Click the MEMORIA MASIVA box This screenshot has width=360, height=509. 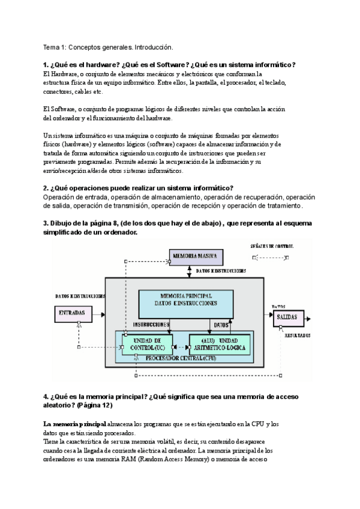click(195, 256)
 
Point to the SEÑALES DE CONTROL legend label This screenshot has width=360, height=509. click(275, 246)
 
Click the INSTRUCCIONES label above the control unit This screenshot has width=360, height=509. click(150, 325)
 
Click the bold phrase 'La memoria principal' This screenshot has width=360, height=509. click(74, 424)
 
